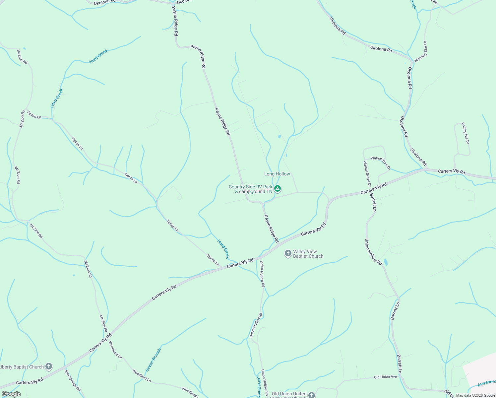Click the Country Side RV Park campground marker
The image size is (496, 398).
pyautogui.click(x=278, y=189)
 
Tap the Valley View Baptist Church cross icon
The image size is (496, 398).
pyautogui.click(x=288, y=254)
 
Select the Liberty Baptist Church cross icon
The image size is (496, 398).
pyautogui.click(x=49, y=366)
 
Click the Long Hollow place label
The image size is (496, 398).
pyautogui.click(x=277, y=174)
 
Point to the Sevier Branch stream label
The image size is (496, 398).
pyautogui.click(x=153, y=360)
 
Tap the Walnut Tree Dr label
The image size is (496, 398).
pyautogui.click(x=380, y=163)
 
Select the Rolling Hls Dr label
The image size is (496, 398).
pyautogui.click(x=465, y=133)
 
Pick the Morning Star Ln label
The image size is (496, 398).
pyautogui.click(x=421, y=51)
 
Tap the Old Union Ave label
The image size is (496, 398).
pyautogui.click(x=385, y=377)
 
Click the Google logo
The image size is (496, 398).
pyautogui.click(x=11, y=394)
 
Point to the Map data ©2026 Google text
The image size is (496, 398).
pyautogui.click(x=475, y=395)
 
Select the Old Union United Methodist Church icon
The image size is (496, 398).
pyautogui.click(x=311, y=395)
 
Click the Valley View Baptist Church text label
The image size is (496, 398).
pyautogui.click(x=308, y=254)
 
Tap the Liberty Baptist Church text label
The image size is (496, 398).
pyautogui.click(x=22, y=367)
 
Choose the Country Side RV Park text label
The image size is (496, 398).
pyautogui.click(x=251, y=189)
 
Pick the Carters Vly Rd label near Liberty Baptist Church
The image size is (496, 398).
pyautogui.click(x=30, y=382)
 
